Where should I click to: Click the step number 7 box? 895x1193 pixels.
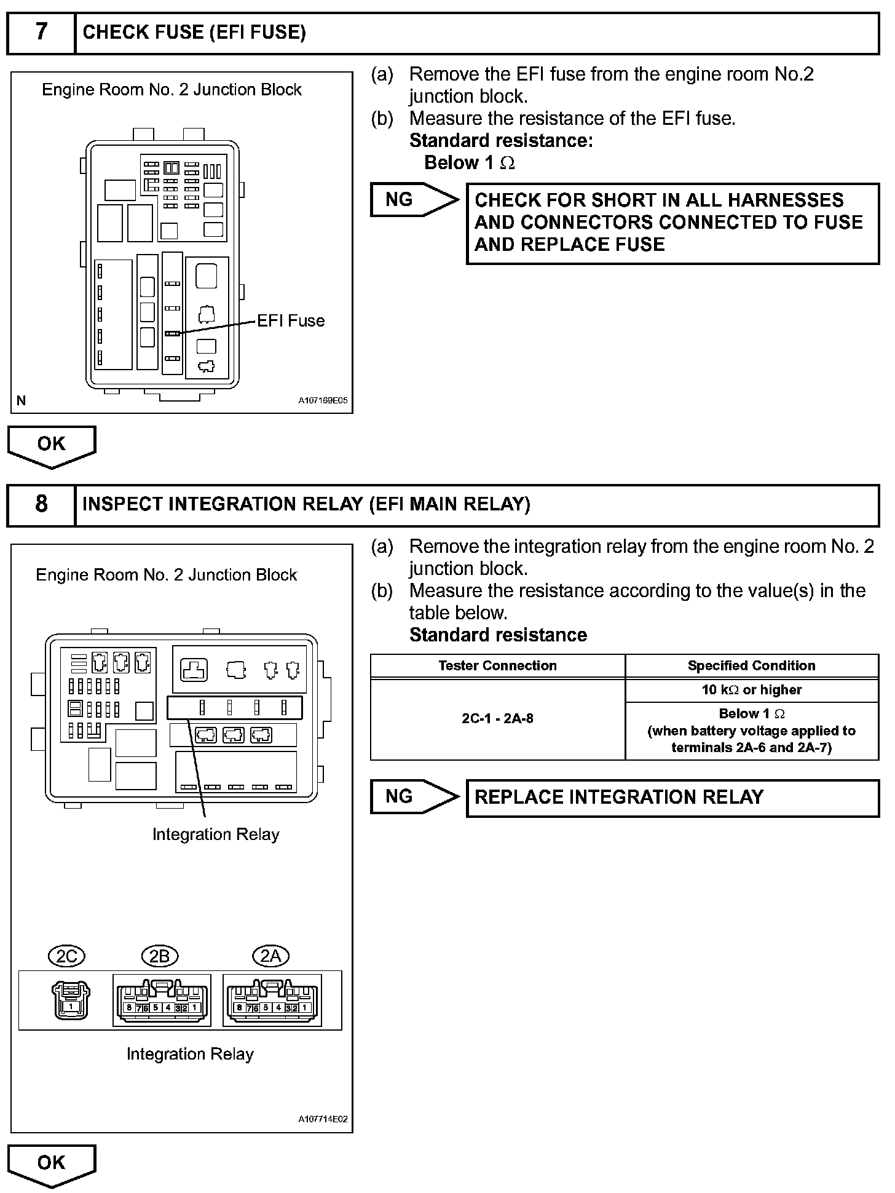pyautogui.click(x=41, y=33)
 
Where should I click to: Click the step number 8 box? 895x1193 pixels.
pyautogui.click(x=41, y=504)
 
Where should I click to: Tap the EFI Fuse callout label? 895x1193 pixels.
pyautogui.click(x=291, y=321)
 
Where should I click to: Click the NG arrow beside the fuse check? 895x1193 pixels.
pyautogui.click(x=413, y=200)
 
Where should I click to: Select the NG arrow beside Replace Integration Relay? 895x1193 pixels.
pyautogui.click(x=413, y=797)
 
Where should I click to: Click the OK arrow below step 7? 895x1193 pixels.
pyautogui.click(x=52, y=445)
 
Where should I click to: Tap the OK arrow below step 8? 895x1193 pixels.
pyautogui.click(x=52, y=1163)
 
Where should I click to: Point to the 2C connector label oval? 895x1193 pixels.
pyautogui.click(x=66, y=956)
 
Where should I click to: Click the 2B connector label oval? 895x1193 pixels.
pyautogui.click(x=159, y=956)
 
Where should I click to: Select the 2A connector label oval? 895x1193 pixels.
pyautogui.click(x=270, y=956)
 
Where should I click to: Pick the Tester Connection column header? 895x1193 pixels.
pyautogui.click(x=497, y=666)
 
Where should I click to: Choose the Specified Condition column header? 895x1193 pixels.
pyautogui.click(x=751, y=666)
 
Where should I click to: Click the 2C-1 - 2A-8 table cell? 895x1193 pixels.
pyautogui.click(x=497, y=719)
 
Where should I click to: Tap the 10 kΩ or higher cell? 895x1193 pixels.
pyautogui.click(x=751, y=690)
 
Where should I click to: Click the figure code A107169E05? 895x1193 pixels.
pyautogui.click(x=323, y=400)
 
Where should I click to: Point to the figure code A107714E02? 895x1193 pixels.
pyautogui.click(x=323, y=1119)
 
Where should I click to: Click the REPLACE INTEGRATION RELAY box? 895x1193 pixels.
pyautogui.click(x=672, y=798)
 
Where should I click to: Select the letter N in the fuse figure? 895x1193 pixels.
pyautogui.click(x=22, y=401)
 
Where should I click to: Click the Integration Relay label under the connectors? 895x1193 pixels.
pyautogui.click(x=190, y=1054)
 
